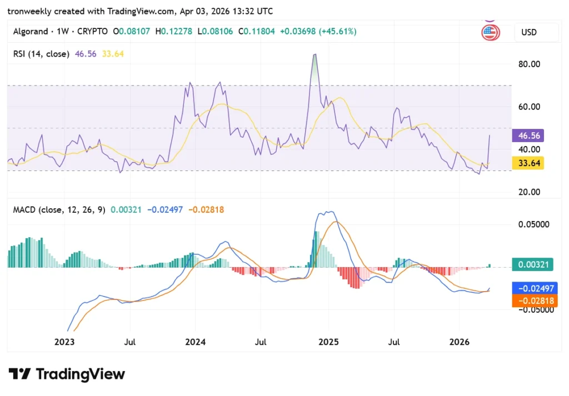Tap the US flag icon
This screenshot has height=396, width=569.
(x=490, y=33)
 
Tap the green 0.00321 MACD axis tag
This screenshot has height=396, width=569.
(x=532, y=265)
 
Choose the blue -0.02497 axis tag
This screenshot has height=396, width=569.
(x=533, y=288)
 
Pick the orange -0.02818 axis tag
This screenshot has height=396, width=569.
(x=533, y=301)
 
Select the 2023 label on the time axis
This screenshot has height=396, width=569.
(x=64, y=342)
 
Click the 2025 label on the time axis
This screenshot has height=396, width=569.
(x=328, y=342)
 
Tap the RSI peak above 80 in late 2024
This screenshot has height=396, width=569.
(x=315, y=55)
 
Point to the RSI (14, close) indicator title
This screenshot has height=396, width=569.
(x=41, y=54)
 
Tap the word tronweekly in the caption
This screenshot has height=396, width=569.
(x=31, y=11)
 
